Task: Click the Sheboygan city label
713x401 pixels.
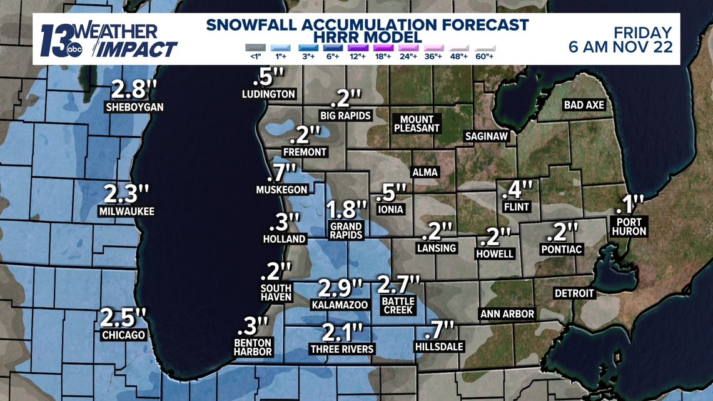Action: (134, 107)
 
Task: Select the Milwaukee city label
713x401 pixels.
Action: (126, 211)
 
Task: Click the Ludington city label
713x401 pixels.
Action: (268, 94)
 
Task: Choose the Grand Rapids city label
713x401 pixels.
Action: (346, 231)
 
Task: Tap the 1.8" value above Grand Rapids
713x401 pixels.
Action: (346, 209)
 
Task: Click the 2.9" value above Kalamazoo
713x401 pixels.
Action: (340, 288)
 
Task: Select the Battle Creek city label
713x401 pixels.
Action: (399, 305)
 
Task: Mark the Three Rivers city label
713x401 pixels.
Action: (342, 349)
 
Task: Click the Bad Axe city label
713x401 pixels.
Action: (584, 105)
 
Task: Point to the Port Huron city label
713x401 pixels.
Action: (630, 226)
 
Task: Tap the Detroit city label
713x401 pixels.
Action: (574, 293)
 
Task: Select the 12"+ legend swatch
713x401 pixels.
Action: (357, 48)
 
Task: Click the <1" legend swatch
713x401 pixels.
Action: (255, 48)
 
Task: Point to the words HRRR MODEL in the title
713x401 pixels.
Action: (368, 38)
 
